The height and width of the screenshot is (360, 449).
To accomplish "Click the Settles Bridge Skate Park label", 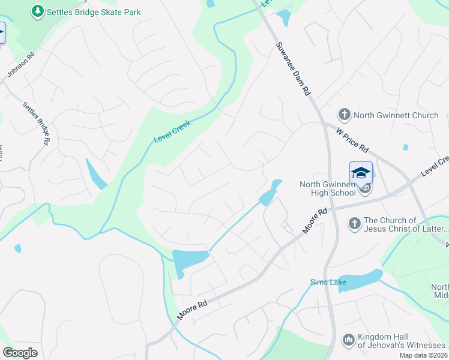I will click(94, 11).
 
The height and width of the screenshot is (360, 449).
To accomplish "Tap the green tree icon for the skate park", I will click(38, 11).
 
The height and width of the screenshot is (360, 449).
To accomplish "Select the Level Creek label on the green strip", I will click(172, 131).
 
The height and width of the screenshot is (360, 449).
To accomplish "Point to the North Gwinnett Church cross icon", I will click(344, 115).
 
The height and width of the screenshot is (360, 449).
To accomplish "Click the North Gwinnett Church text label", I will click(396, 115).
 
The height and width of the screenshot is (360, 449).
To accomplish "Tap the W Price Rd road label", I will click(352, 139).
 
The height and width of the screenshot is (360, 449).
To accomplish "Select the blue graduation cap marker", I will click(361, 173).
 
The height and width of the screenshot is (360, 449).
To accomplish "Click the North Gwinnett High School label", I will click(328, 188).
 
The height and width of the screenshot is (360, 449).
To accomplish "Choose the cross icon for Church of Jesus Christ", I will click(354, 224).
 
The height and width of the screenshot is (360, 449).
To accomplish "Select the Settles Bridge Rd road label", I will click(35, 124).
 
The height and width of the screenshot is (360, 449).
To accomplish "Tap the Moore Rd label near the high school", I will click(315, 221).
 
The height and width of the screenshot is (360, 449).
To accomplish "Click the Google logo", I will click(20, 353).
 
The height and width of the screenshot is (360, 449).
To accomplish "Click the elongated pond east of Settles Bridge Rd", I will click(96, 174).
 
